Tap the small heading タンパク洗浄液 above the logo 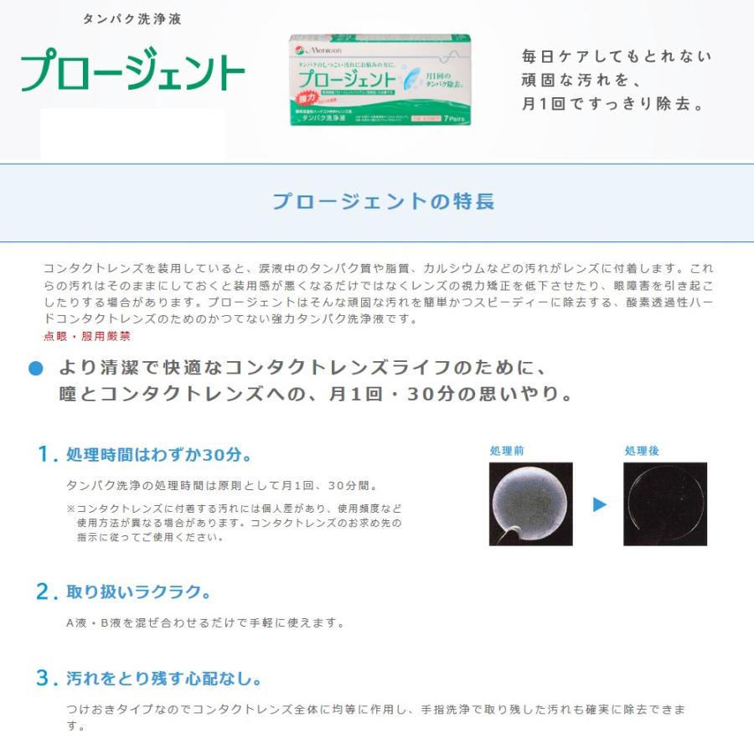click(x=132, y=18)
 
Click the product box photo click(x=380, y=80)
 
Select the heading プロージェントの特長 click(x=383, y=201)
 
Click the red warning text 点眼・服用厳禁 click(x=86, y=336)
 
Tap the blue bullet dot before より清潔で click(x=35, y=369)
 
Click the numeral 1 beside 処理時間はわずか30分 click(x=45, y=454)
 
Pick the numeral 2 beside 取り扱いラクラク click(x=45, y=591)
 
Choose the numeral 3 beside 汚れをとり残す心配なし click(x=45, y=678)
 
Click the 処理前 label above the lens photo click(x=507, y=451)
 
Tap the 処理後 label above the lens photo click(x=642, y=451)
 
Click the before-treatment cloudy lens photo click(x=530, y=504)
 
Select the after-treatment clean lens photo click(x=665, y=504)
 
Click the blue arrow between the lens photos click(x=599, y=504)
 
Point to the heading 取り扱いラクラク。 click(x=138, y=592)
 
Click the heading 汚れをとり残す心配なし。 click(x=164, y=679)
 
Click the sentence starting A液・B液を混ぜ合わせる click(x=205, y=622)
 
